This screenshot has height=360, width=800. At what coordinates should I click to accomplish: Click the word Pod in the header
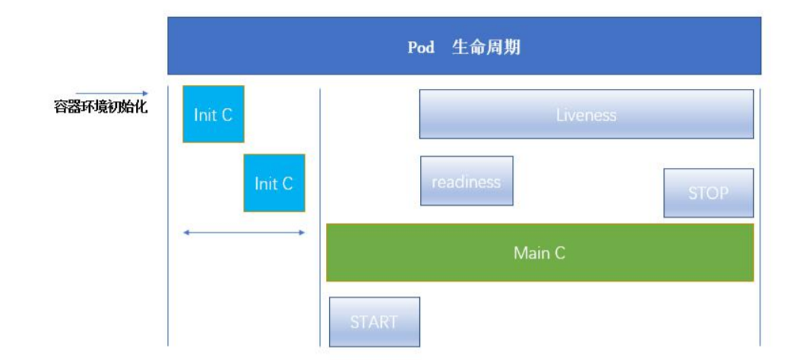421,47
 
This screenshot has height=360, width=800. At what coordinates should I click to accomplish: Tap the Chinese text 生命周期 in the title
486,47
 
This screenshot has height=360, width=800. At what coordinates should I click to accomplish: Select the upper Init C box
213,114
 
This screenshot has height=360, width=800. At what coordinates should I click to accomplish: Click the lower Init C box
274,183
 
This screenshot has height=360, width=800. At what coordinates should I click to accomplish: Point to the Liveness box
587,114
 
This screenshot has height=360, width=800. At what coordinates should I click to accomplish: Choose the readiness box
466,181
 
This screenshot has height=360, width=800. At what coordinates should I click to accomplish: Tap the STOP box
709,193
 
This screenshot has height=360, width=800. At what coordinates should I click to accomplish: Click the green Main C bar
539,253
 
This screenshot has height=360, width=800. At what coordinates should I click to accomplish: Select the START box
374,321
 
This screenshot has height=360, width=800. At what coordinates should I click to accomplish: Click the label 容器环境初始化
100,107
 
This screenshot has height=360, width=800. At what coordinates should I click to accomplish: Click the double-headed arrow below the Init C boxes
244,232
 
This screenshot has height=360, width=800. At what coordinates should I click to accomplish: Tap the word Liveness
587,115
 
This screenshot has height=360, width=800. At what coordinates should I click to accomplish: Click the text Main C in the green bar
539,253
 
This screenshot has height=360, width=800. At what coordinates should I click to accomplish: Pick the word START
374,322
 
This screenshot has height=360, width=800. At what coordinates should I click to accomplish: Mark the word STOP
709,194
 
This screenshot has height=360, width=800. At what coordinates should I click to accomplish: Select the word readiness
466,182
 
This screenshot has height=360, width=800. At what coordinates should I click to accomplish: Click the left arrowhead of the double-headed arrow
186,232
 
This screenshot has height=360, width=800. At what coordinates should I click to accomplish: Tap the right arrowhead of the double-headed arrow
302,232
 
